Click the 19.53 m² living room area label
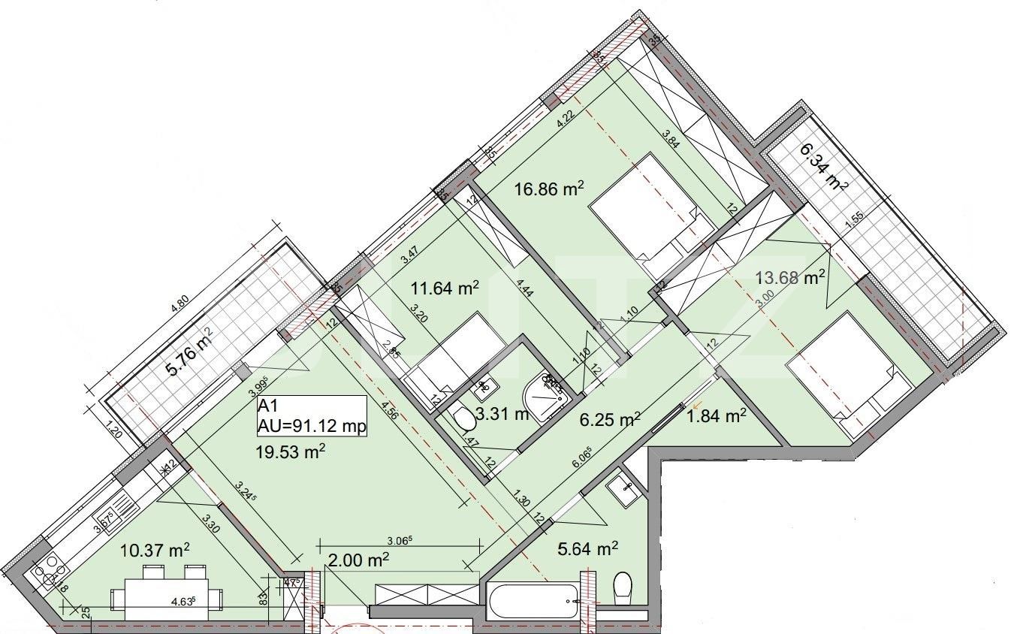pyautogui.click(x=293, y=451)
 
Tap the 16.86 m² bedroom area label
pyautogui.click(x=549, y=189)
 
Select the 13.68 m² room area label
pyautogui.click(x=789, y=278)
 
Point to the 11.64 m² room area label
pyautogui.click(x=445, y=287)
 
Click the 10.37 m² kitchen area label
pyautogui.click(x=155, y=551)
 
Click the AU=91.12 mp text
pyautogui.click(x=311, y=427)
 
